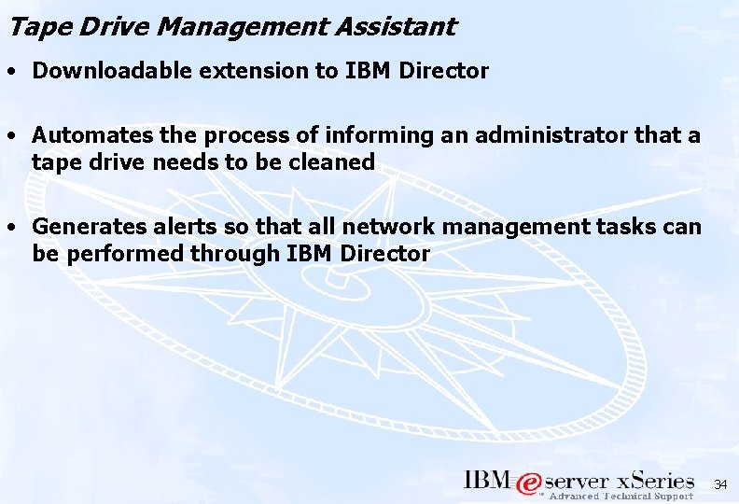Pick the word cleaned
click(333, 161)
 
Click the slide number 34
click(720, 485)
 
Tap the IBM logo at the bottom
click(487, 481)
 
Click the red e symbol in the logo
click(529, 483)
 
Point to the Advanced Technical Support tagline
click(620, 497)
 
